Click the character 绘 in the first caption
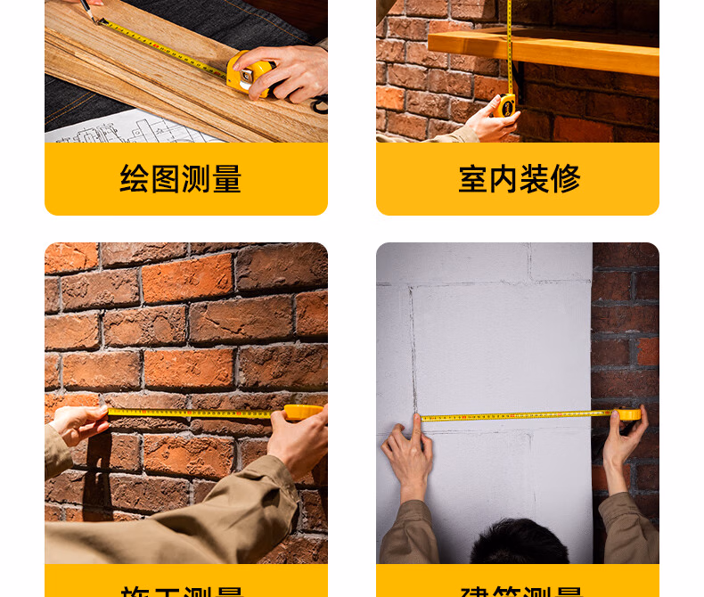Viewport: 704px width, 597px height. (135, 179)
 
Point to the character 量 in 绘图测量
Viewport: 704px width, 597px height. (226, 179)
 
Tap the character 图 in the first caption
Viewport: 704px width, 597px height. (165, 179)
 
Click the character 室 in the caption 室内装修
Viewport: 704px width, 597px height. (473, 179)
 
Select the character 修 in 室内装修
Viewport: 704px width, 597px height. (565, 179)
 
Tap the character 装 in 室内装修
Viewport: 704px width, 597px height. (535, 179)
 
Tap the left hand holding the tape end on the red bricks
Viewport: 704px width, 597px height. (80, 423)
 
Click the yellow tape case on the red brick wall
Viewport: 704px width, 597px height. (303, 413)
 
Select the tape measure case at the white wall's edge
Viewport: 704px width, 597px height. (629, 414)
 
